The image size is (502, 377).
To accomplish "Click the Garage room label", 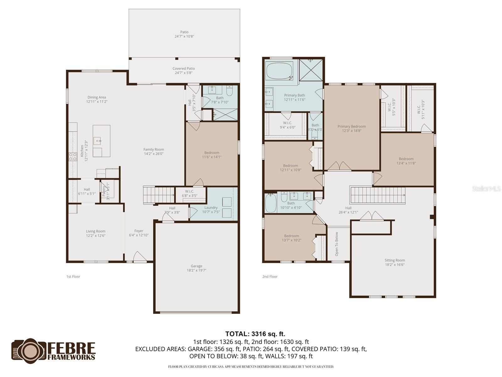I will (x=196, y=268).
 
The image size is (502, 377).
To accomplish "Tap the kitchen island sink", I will (x=97, y=140).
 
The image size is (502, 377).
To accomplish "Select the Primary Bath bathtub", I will (x=279, y=71).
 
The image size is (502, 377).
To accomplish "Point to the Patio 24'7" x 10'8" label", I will (x=184, y=34).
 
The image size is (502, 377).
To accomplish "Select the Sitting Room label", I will (x=394, y=262).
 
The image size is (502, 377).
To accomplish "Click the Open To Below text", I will (x=337, y=244).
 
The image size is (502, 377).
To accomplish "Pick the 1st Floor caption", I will (x=73, y=276).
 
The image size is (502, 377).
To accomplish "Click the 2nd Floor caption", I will (x=270, y=276).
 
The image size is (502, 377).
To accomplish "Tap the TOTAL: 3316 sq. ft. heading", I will (x=255, y=334).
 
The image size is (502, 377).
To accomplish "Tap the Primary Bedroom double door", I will (x=339, y=166).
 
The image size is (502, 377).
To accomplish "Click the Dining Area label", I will (x=97, y=99).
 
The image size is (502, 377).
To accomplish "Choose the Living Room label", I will (x=96, y=233).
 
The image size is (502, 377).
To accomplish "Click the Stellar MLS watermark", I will (x=486, y=188).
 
